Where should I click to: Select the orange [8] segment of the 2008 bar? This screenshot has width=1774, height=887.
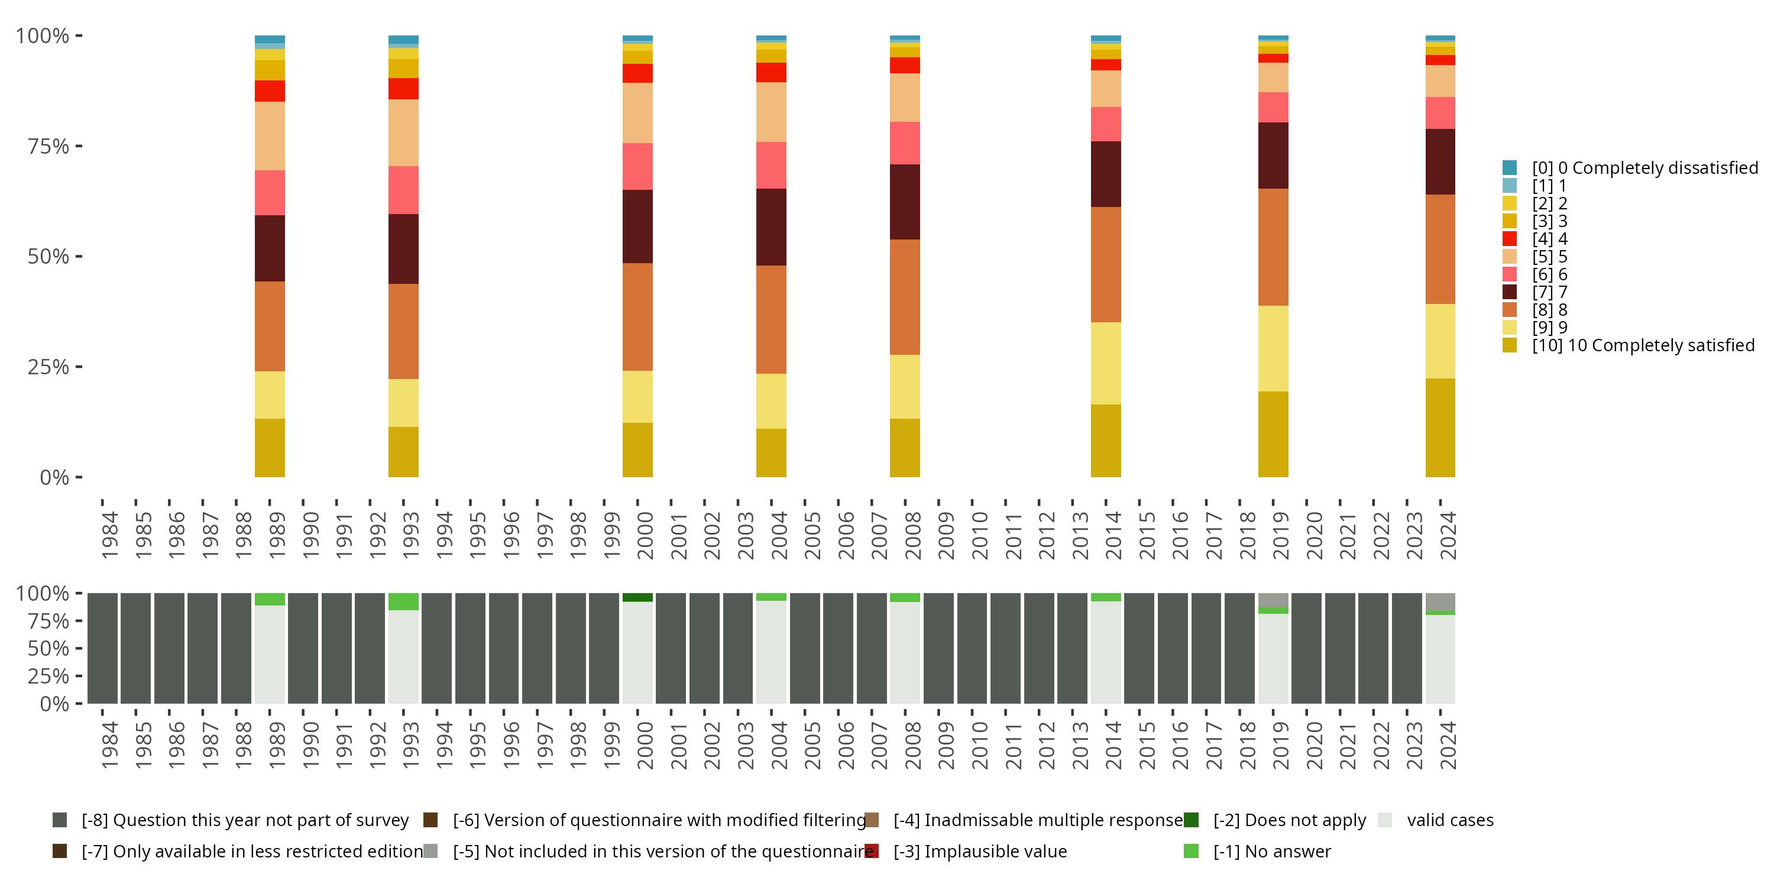pos(904,297)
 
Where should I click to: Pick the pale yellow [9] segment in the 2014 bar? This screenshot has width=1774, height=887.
pos(1105,363)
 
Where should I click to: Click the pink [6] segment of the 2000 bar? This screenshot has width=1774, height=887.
pos(637,166)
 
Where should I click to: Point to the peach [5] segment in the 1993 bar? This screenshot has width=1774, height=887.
pos(403,132)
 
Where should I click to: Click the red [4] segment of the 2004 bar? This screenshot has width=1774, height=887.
pos(771,72)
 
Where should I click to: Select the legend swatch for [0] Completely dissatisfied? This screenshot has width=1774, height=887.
pos(1509,167)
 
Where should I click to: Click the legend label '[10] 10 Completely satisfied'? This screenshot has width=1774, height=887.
pos(1643,345)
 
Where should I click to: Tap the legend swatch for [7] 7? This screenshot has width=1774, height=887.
pos(1509,292)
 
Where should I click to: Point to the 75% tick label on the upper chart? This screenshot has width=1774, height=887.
pos(48,146)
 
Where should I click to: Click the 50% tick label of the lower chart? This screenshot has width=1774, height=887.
pos(48,648)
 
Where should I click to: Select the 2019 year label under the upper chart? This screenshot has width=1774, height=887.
pos(1280,535)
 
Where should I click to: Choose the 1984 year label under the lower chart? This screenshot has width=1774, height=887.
pos(109,745)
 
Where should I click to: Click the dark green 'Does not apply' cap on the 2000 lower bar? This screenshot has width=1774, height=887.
pos(637,597)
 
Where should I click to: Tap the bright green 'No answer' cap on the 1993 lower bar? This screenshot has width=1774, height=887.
pos(403,601)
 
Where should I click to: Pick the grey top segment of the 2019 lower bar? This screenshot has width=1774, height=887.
pos(1273,600)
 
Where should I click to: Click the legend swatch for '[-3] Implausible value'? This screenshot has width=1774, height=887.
pos(871,851)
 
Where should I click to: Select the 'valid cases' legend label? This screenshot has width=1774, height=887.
pos(1449,820)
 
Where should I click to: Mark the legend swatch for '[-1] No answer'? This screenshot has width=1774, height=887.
pos(1191,851)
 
